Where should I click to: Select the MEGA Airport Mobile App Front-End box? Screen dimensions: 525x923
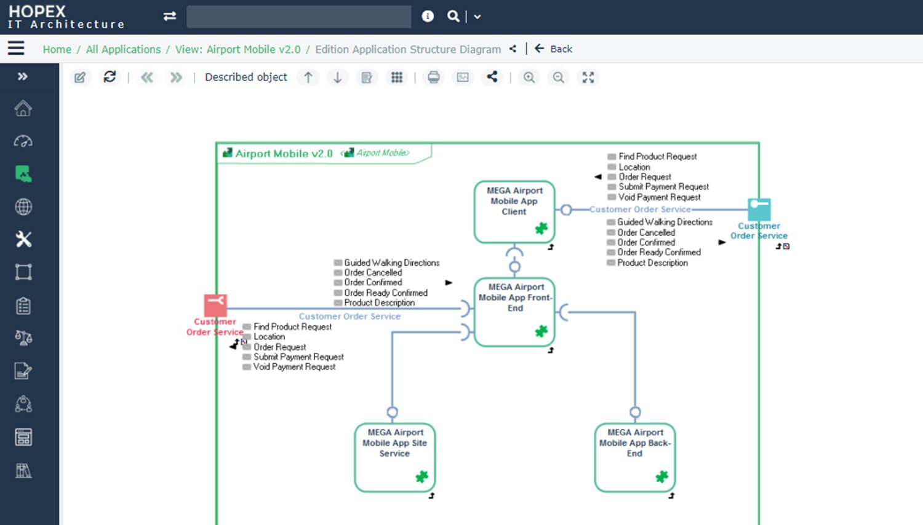point(515,312)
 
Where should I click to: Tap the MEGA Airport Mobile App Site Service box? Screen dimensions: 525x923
point(395,457)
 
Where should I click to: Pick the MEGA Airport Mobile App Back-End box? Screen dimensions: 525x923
point(635,457)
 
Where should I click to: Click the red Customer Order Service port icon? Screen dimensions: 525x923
point(215,305)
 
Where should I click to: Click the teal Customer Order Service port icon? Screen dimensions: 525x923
point(759,209)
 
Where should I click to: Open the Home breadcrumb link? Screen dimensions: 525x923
point(57,49)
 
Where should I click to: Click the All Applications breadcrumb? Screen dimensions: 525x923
point(123,49)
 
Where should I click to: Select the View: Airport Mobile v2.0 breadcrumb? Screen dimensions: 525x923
point(238,49)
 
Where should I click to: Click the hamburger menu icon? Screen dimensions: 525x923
point(16,48)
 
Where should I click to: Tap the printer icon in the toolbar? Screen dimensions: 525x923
point(434,77)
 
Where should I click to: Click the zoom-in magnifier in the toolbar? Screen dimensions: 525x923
point(529,77)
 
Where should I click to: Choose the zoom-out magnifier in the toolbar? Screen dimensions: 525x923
point(558,77)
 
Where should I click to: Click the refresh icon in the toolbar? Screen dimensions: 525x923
point(110,77)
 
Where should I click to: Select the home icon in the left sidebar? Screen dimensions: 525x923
point(23,108)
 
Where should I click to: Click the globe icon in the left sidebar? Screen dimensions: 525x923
point(23,207)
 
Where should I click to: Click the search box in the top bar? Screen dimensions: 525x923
point(298,17)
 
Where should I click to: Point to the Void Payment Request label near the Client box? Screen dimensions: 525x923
point(659,197)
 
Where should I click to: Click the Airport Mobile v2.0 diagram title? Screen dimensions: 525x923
point(284,154)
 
